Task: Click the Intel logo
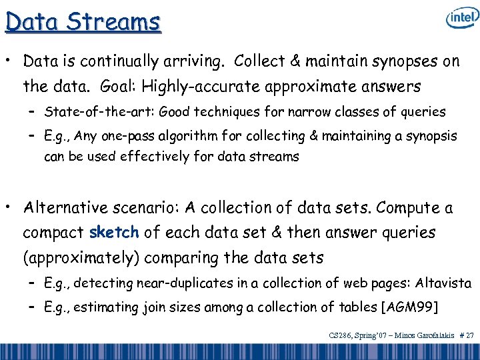462,18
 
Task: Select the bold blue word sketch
114,233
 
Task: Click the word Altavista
443,283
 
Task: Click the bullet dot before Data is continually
9,62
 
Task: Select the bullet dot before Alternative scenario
9,209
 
